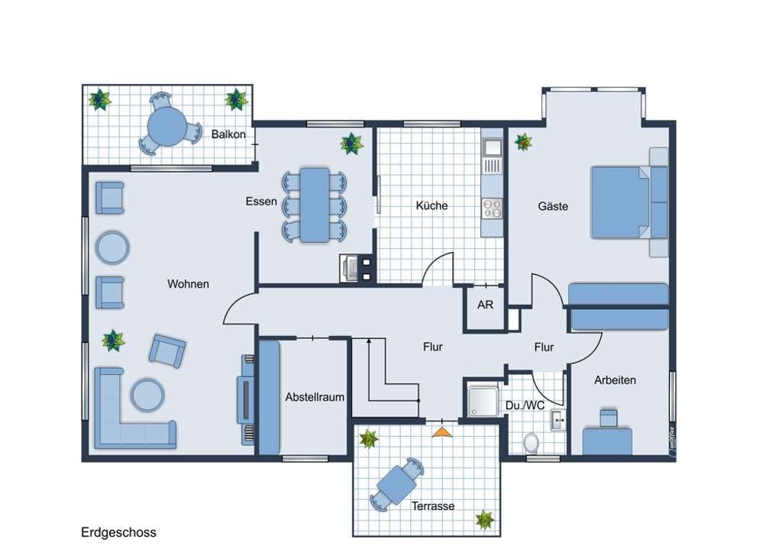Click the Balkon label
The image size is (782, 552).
pos(228,134)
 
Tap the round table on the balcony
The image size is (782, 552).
pos(167,126)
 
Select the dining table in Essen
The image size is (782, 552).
pos(314,205)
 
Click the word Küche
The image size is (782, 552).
pos(431,205)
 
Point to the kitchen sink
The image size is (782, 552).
pos(493,147)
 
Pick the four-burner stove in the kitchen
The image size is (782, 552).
pos(493,208)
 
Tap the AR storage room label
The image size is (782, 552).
pos(485,305)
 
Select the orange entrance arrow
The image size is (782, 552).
pos(442,432)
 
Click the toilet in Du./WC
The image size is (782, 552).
pos(532,443)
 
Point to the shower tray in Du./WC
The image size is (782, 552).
pos(483,402)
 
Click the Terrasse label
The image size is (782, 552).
pos(433,506)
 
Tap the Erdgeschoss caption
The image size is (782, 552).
pos(118,533)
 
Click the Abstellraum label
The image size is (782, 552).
pos(315,398)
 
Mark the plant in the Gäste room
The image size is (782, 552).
pos(523,142)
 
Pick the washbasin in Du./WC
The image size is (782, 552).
pos(558,420)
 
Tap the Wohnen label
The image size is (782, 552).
pos(188,284)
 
